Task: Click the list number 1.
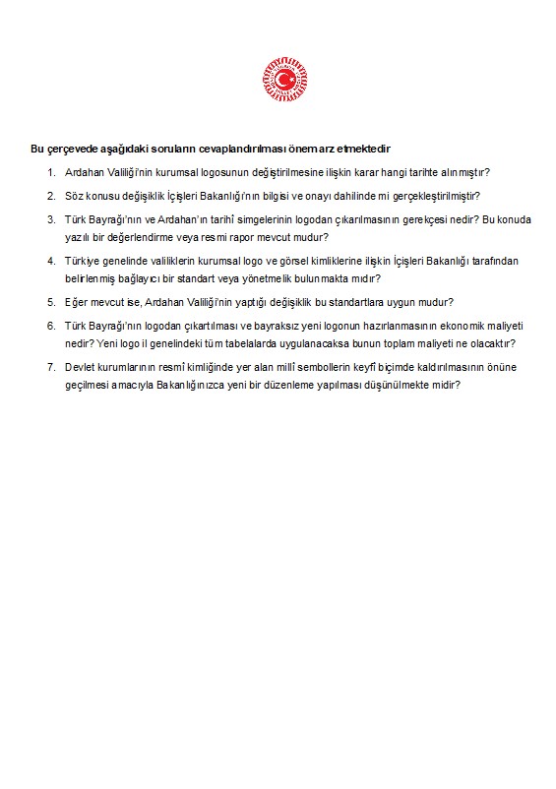pyautogui.click(x=51, y=172)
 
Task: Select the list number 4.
pyautogui.click(x=51, y=262)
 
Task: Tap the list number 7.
pyautogui.click(x=51, y=367)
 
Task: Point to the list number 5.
pyautogui.click(x=51, y=302)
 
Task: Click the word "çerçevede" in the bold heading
pyautogui.click(x=71, y=150)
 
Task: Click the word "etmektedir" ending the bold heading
pyautogui.click(x=366, y=150)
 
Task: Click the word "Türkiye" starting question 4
pyautogui.click(x=83, y=262)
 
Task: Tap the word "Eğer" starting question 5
pyautogui.click(x=77, y=302)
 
